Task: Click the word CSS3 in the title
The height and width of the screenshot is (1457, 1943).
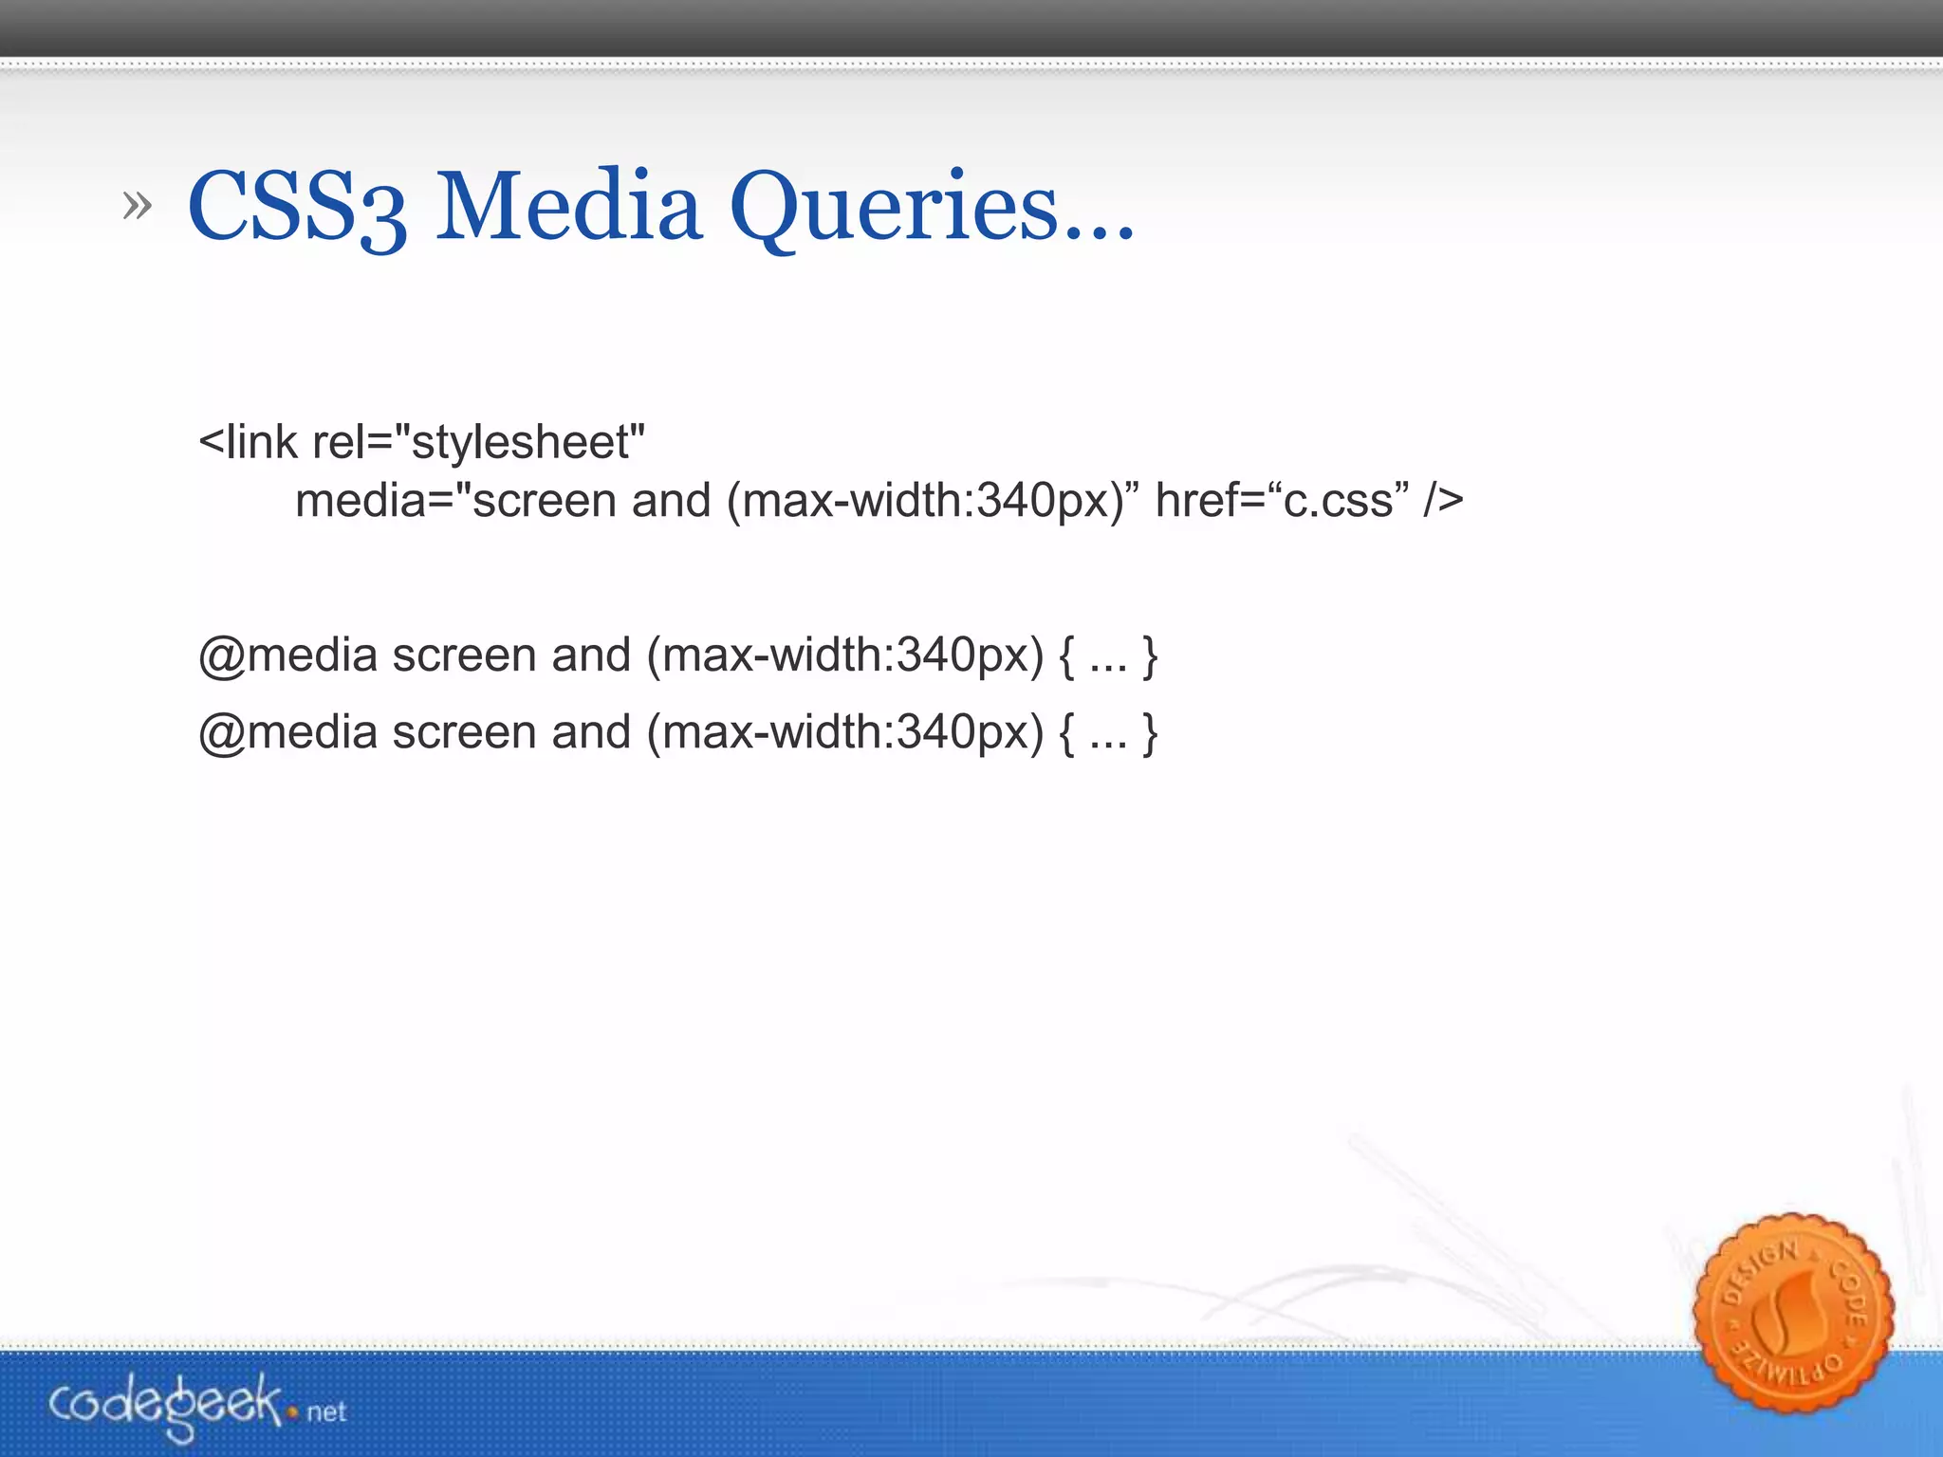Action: coord(297,206)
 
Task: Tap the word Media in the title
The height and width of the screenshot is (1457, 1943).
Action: coord(568,206)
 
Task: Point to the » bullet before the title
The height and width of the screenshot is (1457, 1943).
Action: coord(138,205)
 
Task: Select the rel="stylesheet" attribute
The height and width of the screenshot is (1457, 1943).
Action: coord(478,442)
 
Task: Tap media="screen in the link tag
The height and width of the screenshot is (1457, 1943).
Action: coord(455,501)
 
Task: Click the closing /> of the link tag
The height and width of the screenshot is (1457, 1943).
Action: coord(1443,501)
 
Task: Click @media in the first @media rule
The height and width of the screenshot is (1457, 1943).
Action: coord(288,655)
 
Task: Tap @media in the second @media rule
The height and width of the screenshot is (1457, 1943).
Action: coord(288,732)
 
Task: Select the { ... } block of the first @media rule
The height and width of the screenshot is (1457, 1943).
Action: coord(1108,655)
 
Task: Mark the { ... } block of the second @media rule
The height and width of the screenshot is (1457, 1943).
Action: coord(1108,732)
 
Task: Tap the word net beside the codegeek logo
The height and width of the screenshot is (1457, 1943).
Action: coord(326,1412)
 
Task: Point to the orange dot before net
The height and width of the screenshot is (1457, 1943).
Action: coord(294,1413)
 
